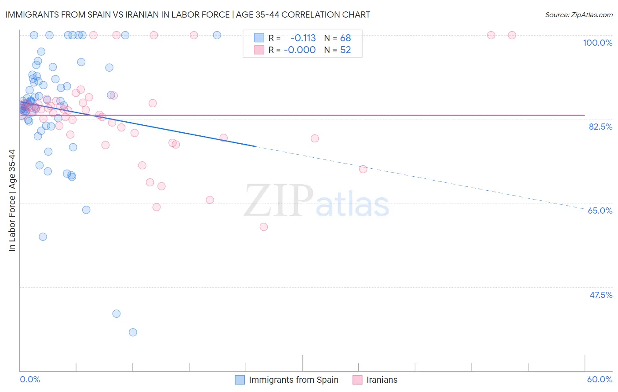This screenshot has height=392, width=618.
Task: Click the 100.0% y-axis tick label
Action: point(597,43)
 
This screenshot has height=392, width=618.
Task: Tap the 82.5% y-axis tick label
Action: point(600,127)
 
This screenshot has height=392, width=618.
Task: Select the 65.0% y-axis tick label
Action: point(600,211)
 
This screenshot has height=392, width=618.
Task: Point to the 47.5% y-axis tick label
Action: point(601,295)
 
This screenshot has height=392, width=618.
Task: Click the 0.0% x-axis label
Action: point(30,379)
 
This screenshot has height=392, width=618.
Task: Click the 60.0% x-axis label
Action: point(600,379)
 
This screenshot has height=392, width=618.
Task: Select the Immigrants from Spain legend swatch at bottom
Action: point(240,380)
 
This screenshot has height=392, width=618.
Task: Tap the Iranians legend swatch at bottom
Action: point(357,380)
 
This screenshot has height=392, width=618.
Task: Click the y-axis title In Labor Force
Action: point(12,200)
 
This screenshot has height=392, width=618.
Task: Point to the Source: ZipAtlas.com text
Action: point(578,15)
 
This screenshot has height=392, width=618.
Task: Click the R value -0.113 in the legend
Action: point(303,38)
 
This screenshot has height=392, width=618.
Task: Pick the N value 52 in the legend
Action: point(345,50)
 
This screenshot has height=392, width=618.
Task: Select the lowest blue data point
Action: point(133,332)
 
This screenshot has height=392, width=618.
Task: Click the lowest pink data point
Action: point(264,227)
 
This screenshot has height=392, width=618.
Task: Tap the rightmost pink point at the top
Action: point(512,35)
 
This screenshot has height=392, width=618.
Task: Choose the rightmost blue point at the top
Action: point(217,35)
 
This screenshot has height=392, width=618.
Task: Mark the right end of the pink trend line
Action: point(585,115)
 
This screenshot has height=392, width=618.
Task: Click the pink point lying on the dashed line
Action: point(363,169)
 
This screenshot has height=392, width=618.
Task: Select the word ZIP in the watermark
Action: point(279,201)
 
